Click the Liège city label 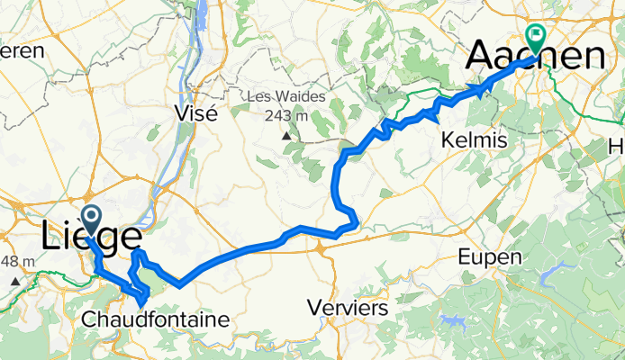pos(90,238)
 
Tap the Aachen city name pos(535,58)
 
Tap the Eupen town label pos(490,257)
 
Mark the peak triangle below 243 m pos(285,135)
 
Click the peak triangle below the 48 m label pos(16,281)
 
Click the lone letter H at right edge pos(617,147)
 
